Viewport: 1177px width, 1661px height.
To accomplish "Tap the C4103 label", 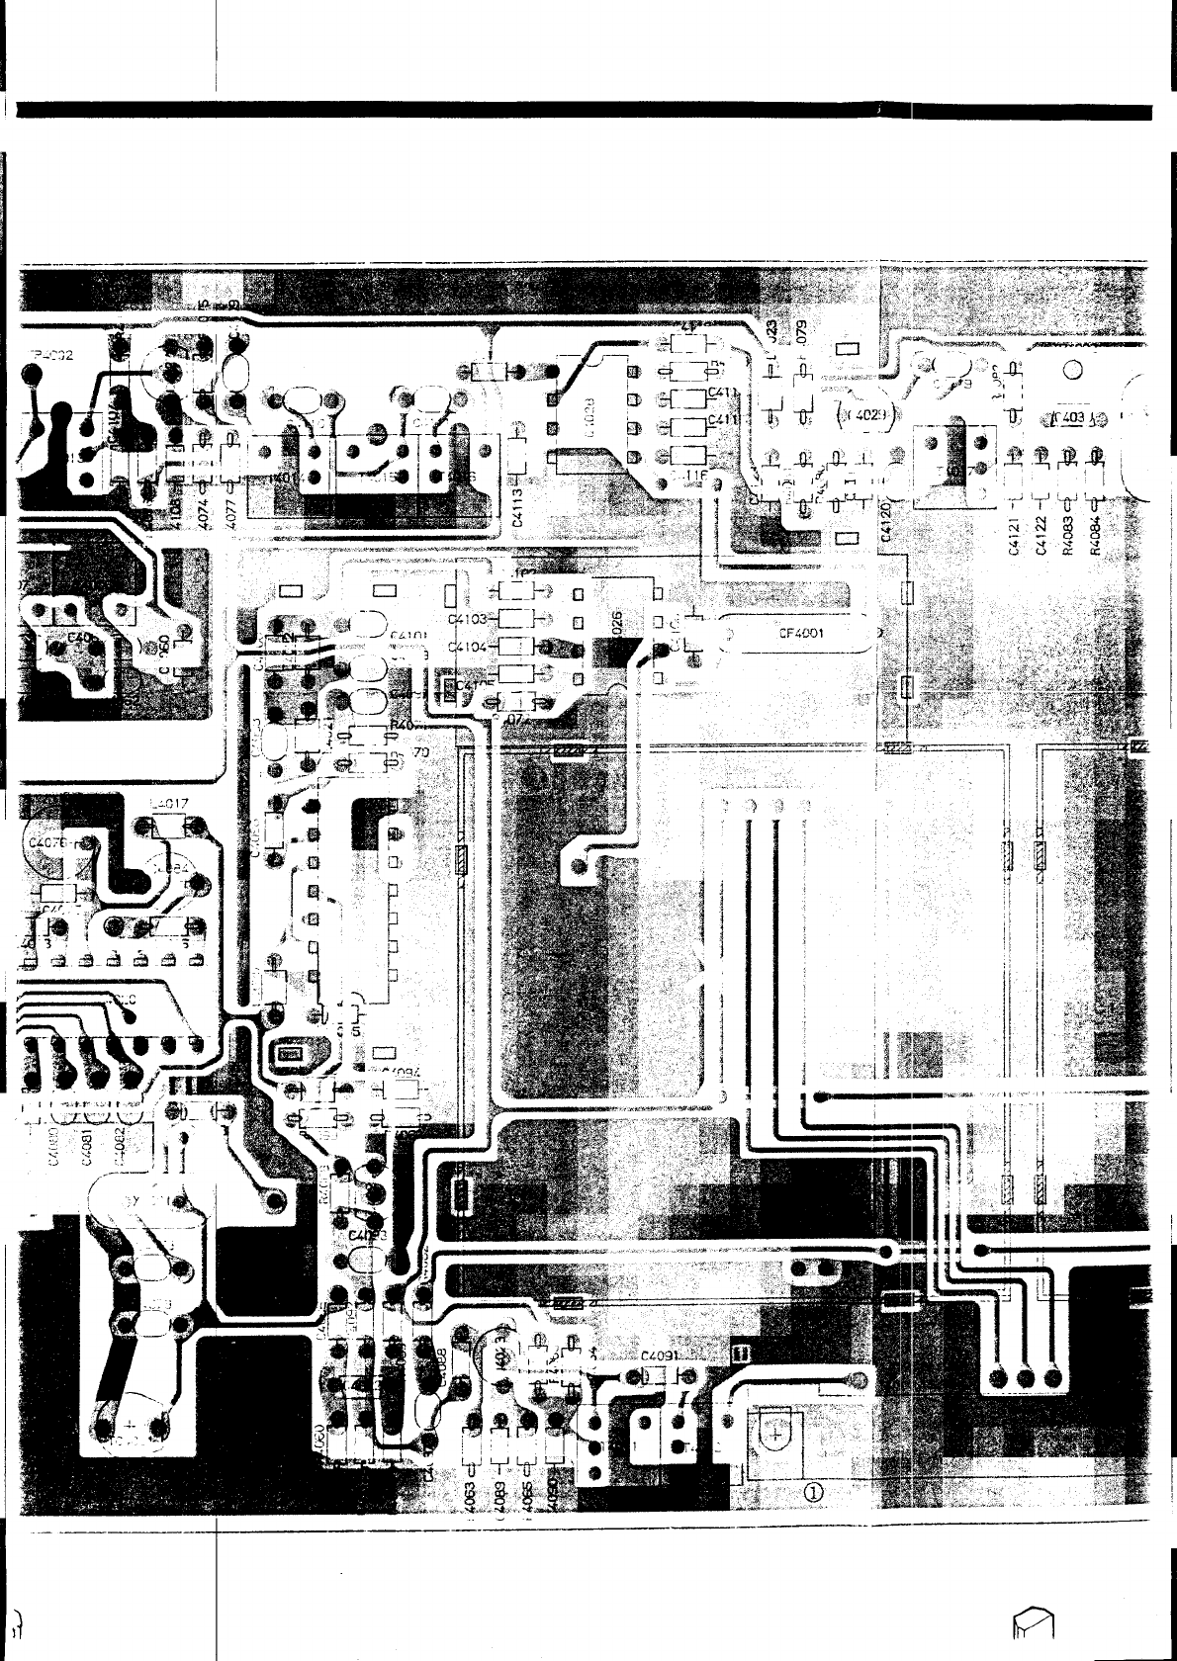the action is pos(468,620).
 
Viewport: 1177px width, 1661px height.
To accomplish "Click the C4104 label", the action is pos(468,647).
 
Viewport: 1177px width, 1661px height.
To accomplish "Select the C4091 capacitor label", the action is pos(659,1356).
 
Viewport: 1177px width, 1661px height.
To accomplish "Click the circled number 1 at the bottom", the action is pos(813,1493).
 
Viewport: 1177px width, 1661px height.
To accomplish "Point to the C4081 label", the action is pos(87,1151).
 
